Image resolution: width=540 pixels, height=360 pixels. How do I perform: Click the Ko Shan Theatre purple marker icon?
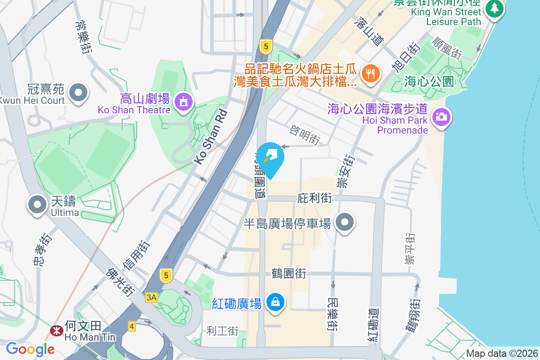183,102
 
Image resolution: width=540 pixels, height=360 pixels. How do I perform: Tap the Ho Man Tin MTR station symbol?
56,331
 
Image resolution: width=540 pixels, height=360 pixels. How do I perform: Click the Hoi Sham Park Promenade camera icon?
441,117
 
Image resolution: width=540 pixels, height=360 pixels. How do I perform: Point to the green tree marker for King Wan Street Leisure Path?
495,8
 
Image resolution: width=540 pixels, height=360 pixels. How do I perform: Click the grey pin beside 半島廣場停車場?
345,222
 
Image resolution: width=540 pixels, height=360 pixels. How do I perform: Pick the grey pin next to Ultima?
37,204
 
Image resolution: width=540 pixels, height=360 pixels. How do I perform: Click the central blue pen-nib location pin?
271,157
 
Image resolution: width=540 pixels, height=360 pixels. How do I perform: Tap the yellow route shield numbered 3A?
152,297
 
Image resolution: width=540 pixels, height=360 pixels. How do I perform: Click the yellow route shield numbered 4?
131,326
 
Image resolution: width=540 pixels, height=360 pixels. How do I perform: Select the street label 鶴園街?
289,273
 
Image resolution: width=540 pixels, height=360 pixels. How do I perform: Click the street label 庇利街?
315,198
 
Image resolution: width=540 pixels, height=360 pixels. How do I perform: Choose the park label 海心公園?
428,82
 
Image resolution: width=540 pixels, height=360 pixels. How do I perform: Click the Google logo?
30,349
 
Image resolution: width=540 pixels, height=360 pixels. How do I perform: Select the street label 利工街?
222,331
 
